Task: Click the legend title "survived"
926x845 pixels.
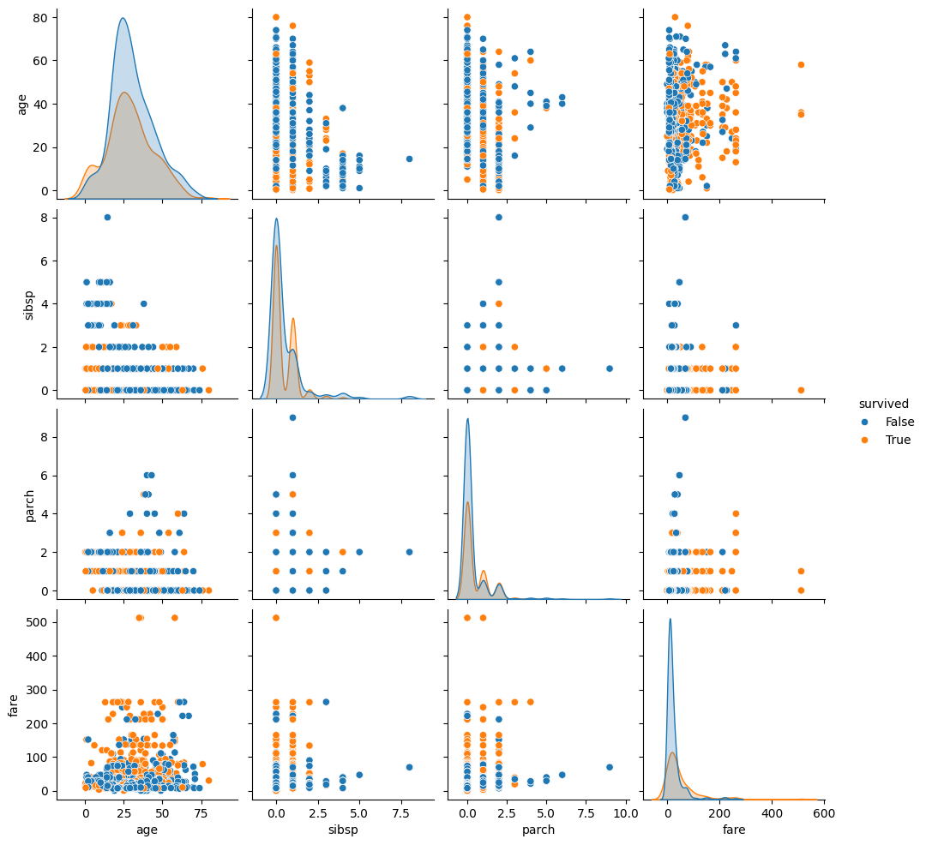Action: [x=885, y=404]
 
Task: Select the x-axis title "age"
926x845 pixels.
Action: [x=147, y=830]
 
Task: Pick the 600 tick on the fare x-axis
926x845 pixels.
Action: [x=824, y=811]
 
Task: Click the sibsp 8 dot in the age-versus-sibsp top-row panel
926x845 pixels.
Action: [x=409, y=159]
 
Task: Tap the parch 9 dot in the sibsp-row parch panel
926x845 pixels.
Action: [x=610, y=369]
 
